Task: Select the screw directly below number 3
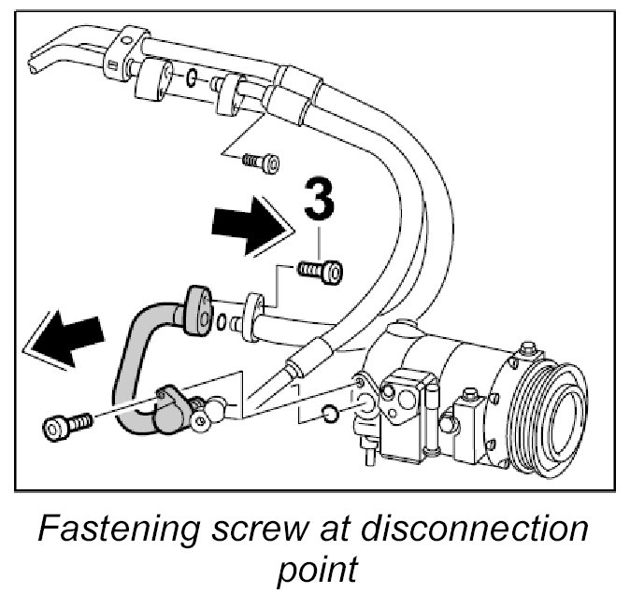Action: pyautogui.click(x=321, y=271)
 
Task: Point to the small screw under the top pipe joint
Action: pyautogui.click(x=262, y=162)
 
